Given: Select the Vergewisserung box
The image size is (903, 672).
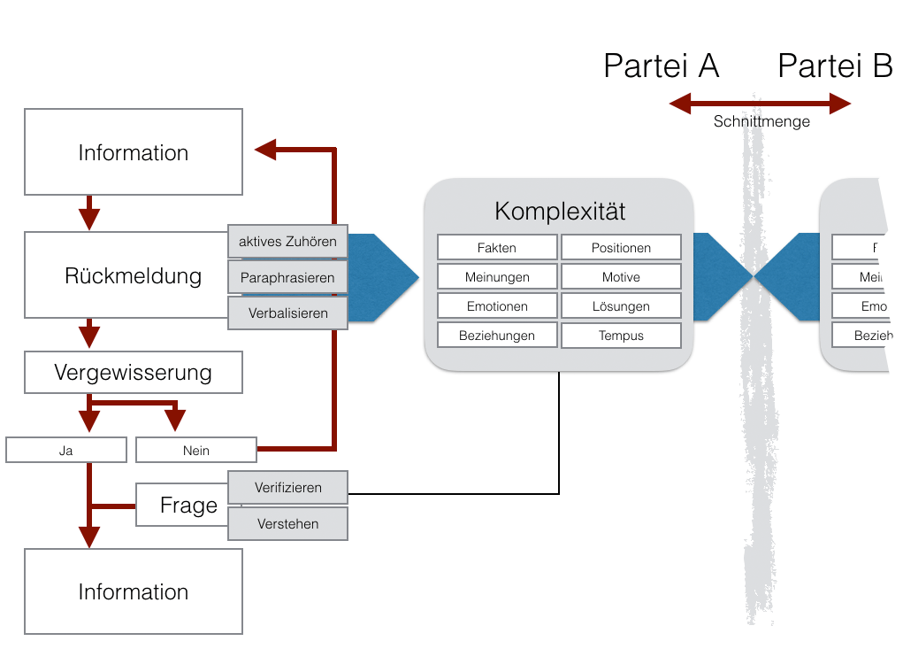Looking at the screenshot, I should pos(133,373).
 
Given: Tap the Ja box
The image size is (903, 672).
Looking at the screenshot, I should pos(66,450).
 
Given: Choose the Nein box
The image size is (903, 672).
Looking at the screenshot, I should pos(195,450).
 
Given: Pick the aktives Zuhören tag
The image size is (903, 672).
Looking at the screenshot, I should pos(287,242).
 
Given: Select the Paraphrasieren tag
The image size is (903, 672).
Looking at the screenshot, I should pos(287,277).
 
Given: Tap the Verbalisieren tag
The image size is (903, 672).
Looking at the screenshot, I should pos(287,313).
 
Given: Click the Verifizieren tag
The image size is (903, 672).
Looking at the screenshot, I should pos(287,488).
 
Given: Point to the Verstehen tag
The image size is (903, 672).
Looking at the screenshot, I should pos(287,523).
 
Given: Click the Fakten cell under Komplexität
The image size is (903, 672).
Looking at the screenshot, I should pos(497,248).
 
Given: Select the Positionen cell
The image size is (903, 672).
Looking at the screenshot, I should pos(621,248).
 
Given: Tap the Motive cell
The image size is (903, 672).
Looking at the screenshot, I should pos(621,277).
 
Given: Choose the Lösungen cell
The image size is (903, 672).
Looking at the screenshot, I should pos(621,306).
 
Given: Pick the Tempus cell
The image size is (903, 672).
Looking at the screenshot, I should pos(621,336).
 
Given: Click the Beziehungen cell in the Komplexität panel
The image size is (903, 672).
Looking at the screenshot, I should pos(497,336).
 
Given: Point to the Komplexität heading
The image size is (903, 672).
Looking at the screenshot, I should pos(560,212).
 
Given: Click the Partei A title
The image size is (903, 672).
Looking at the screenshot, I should pos(661,66).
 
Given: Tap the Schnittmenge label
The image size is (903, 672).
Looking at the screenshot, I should pos(761,122).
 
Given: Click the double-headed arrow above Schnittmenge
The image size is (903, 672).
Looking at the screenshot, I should pos(760,104).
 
